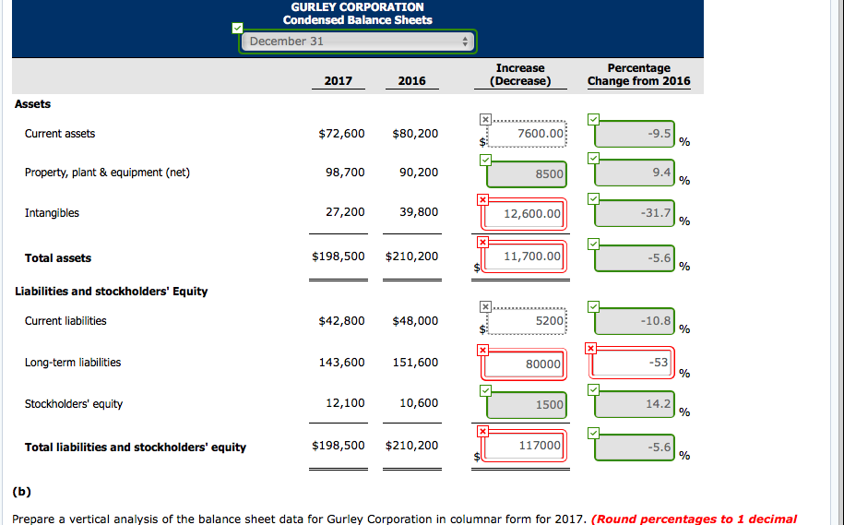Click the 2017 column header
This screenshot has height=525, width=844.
[x=339, y=81]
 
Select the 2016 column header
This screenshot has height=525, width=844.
[x=412, y=81]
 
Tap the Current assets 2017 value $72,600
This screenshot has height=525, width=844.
[x=341, y=134]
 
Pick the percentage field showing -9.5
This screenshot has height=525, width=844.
[x=635, y=134]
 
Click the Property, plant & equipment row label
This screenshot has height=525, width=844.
[x=107, y=173]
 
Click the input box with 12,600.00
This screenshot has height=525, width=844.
[x=521, y=214]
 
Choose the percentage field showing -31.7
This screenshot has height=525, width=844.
[x=635, y=213]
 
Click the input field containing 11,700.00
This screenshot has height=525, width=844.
[x=521, y=257]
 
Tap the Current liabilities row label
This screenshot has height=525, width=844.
[x=65, y=321]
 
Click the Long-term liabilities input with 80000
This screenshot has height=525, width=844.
[x=521, y=364]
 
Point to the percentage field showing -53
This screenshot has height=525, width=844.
[x=635, y=363]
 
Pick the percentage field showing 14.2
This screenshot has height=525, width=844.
[x=635, y=404]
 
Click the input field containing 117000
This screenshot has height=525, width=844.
[x=521, y=446]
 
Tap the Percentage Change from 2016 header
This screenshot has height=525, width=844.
[x=638, y=75]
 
